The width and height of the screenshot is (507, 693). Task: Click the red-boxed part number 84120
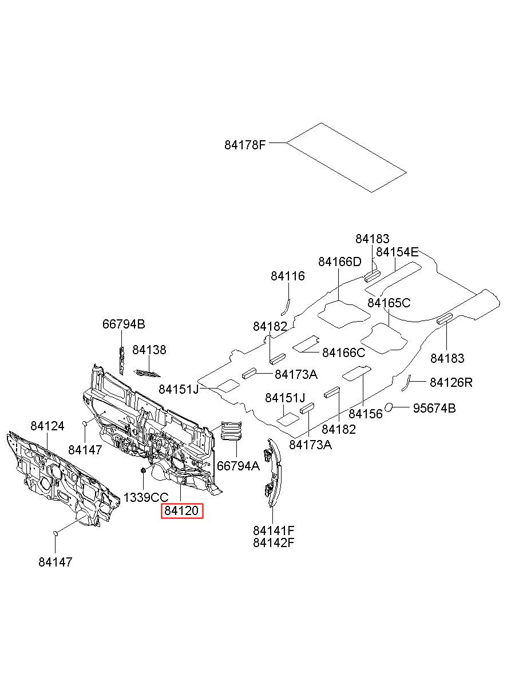click(181, 510)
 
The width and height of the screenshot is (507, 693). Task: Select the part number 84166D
click(340, 262)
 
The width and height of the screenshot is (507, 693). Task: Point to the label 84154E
click(397, 252)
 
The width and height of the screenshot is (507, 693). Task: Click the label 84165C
click(389, 303)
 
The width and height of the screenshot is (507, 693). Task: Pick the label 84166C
click(344, 353)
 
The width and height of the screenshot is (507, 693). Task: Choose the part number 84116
click(288, 276)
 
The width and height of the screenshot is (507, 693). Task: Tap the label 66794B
click(124, 324)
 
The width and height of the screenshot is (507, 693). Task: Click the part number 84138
click(149, 350)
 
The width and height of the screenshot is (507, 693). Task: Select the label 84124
click(47, 426)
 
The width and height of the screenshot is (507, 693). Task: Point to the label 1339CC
click(146, 497)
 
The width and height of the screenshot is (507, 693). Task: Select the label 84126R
click(451, 383)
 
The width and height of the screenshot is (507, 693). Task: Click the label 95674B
click(434, 409)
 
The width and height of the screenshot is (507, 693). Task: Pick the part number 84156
click(366, 414)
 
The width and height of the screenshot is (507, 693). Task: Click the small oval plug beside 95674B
click(390, 407)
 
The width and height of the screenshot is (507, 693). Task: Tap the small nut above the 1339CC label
click(143, 471)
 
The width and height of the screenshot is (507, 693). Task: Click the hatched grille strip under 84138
click(147, 373)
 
